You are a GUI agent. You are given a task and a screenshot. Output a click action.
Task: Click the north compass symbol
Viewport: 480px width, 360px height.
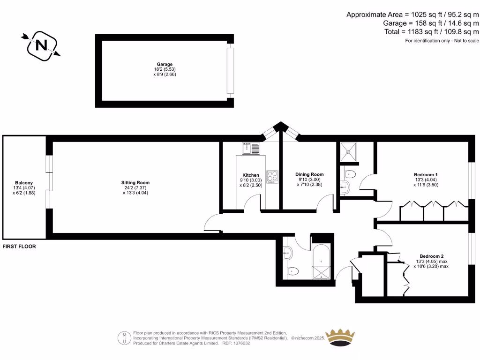pyautogui.click(x=41, y=45)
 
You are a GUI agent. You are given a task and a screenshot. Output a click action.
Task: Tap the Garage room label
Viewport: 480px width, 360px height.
pyautogui.click(x=165, y=64)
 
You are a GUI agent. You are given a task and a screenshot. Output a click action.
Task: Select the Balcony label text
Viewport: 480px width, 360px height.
pyautogui.click(x=24, y=183)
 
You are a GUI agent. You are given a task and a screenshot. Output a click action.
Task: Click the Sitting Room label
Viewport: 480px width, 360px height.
pyautogui.click(x=135, y=182)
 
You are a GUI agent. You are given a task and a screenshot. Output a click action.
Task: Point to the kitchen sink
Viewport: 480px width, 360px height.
pyautogui.click(x=251, y=149)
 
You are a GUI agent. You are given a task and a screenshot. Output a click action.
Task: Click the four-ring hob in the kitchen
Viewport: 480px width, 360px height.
pyautogui.click(x=272, y=176)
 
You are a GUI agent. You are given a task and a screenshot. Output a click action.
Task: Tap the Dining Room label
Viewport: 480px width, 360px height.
pyautogui.click(x=309, y=174)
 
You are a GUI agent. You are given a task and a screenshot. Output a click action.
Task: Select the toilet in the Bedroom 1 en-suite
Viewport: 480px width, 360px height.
pyautogui.click(x=349, y=174)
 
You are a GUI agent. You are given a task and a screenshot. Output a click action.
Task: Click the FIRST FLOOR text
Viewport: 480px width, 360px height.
pyautogui.click(x=19, y=246)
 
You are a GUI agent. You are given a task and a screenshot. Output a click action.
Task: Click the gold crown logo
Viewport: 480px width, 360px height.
pyautogui.click(x=347, y=337)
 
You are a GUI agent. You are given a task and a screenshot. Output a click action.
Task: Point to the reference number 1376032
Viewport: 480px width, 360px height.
pyautogui.click(x=240, y=343)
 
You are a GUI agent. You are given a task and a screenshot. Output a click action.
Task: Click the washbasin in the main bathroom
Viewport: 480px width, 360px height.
pyautogui.click(x=287, y=254)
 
